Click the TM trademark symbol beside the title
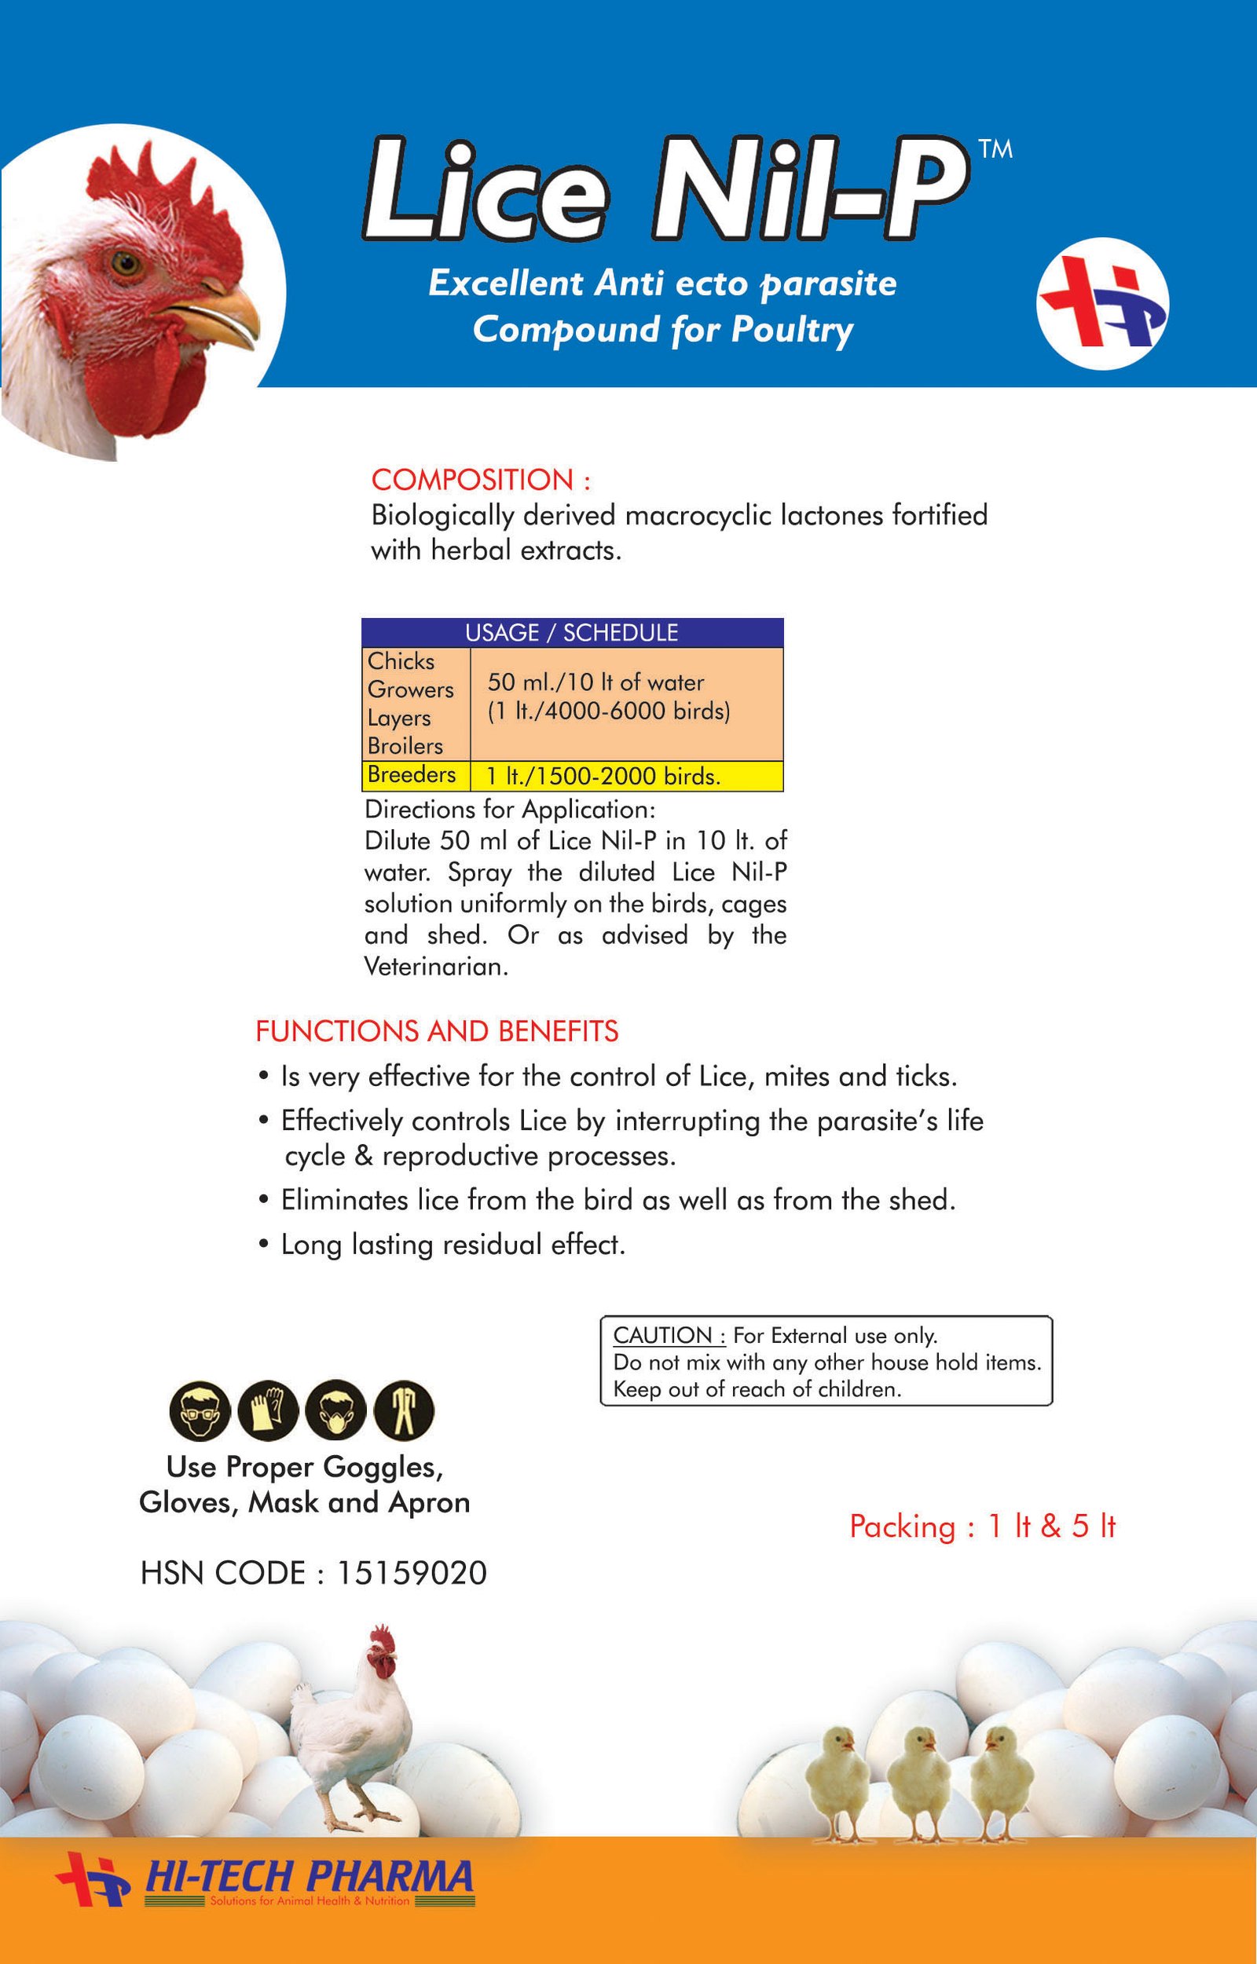coord(994,149)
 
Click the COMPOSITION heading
coord(481,480)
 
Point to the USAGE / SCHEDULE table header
coord(571,632)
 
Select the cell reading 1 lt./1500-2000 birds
coord(603,776)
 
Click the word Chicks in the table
coord(401,661)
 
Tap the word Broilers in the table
coord(405,746)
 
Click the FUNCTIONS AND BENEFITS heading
coord(437,1031)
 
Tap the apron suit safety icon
coord(404,1412)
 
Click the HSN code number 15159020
coord(411,1573)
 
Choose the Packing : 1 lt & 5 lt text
coord(982,1527)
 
